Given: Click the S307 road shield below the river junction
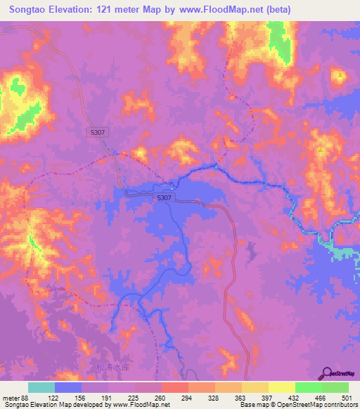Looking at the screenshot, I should click(164, 199).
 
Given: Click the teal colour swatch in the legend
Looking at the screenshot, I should click(41, 387).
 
